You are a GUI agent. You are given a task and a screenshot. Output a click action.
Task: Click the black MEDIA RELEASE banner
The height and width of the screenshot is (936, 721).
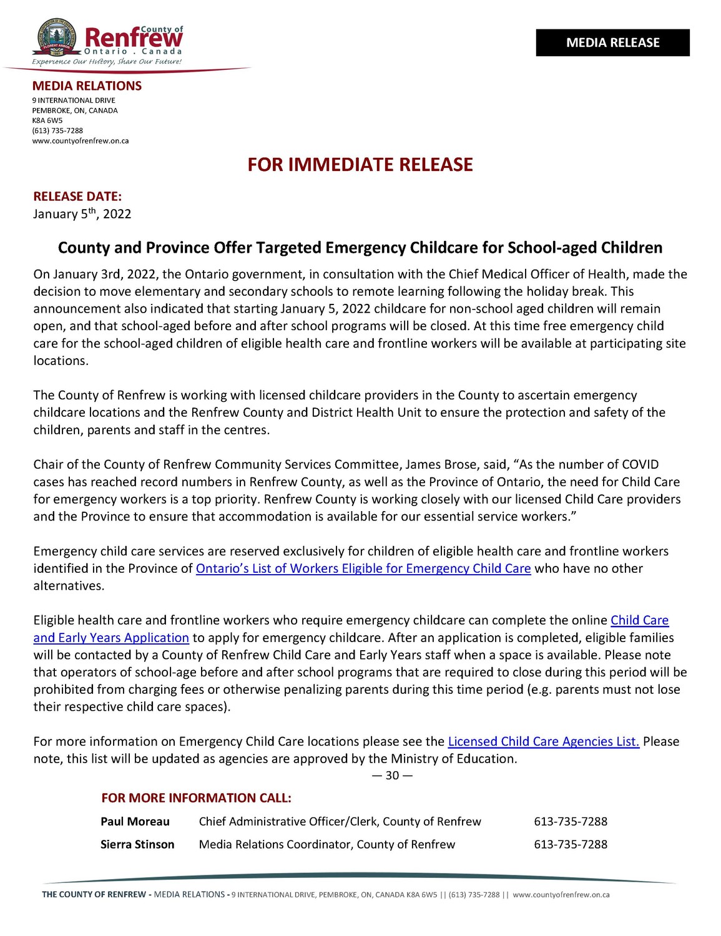(612, 42)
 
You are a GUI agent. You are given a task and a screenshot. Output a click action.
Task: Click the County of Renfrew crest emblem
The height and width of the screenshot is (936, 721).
(56, 37)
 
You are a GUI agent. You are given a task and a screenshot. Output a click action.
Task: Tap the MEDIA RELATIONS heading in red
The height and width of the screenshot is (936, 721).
(87, 86)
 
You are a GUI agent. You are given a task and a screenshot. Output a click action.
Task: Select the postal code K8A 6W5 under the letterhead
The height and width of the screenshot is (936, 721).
(47, 120)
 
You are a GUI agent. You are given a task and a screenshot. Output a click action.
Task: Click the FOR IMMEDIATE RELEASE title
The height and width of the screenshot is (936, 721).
(360, 165)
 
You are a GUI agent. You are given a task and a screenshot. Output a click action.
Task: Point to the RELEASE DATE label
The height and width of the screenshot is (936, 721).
(77, 197)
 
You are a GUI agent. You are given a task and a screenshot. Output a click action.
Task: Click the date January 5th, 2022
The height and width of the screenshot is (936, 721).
(82, 214)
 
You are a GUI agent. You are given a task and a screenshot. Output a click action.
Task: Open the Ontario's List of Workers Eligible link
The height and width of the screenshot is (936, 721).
(363, 568)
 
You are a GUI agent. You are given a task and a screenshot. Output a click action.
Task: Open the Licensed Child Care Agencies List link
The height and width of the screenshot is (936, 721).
(543, 741)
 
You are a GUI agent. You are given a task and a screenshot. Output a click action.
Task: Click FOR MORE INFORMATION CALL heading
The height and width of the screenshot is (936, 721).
(196, 798)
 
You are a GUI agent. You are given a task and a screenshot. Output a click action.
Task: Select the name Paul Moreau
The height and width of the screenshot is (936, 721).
(135, 821)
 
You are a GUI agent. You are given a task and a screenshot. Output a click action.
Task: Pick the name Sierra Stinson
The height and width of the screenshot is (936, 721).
(137, 844)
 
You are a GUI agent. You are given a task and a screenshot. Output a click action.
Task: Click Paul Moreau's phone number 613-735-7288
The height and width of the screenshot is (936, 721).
(571, 821)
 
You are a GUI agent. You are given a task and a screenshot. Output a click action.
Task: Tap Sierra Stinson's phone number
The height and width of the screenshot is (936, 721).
(571, 844)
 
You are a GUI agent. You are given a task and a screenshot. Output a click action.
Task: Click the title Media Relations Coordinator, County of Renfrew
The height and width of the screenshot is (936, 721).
(327, 844)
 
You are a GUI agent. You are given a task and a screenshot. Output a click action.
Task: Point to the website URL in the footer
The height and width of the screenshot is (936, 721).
(561, 895)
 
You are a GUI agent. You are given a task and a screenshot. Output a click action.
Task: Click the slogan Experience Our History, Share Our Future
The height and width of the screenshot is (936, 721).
(107, 62)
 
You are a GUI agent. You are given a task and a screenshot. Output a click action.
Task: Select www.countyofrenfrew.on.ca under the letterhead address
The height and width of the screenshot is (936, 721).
(81, 140)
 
